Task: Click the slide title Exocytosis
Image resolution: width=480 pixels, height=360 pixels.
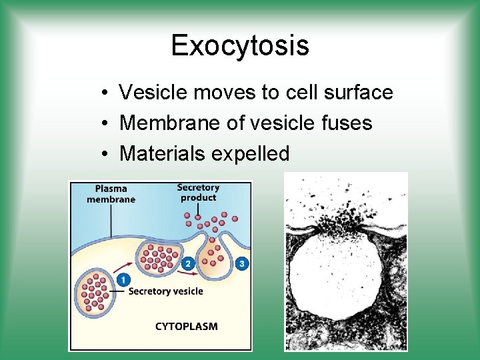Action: tap(240, 45)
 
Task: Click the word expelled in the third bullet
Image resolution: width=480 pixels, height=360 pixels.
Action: tap(250, 154)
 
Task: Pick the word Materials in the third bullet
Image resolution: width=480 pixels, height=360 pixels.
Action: tap(162, 154)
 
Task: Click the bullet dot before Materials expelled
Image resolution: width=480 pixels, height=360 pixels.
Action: tap(106, 155)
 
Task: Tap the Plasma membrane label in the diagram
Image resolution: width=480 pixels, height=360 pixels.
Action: tap(111, 194)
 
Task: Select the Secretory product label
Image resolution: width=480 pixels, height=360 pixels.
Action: tap(198, 192)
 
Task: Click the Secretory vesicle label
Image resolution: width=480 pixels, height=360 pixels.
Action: tap(165, 291)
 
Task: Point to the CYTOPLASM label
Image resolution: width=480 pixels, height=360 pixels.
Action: tap(186, 327)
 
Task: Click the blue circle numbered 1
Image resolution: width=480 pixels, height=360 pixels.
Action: tap(123, 280)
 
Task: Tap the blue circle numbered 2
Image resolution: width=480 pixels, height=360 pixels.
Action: tap(188, 264)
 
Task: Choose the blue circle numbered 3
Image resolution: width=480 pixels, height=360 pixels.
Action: tap(241, 263)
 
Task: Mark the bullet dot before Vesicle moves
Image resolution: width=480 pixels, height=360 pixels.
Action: tap(106, 93)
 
